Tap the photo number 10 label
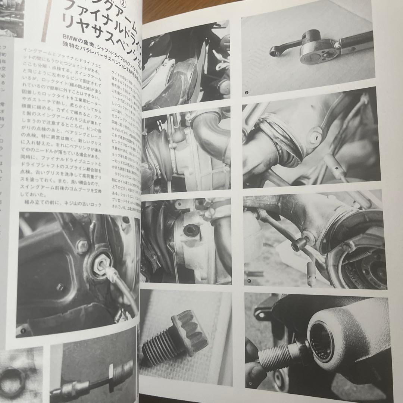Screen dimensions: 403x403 point(247,184)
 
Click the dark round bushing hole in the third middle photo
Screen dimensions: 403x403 point(191,231)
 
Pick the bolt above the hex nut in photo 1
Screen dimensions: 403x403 point(82,246)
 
